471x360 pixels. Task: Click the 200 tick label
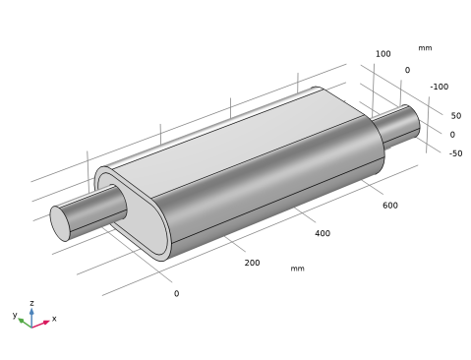click(x=252, y=263)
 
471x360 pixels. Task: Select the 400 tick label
click(x=323, y=233)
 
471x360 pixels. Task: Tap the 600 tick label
click(x=390, y=206)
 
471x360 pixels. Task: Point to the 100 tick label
click(x=383, y=54)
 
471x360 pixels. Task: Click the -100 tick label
click(x=440, y=87)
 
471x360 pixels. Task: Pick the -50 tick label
click(x=455, y=153)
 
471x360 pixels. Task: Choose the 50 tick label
click(x=456, y=116)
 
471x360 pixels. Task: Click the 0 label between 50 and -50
click(x=452, y=135)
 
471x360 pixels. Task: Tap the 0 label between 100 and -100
click(x=407, y=70)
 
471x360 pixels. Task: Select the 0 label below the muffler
click(x=176, y=293)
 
